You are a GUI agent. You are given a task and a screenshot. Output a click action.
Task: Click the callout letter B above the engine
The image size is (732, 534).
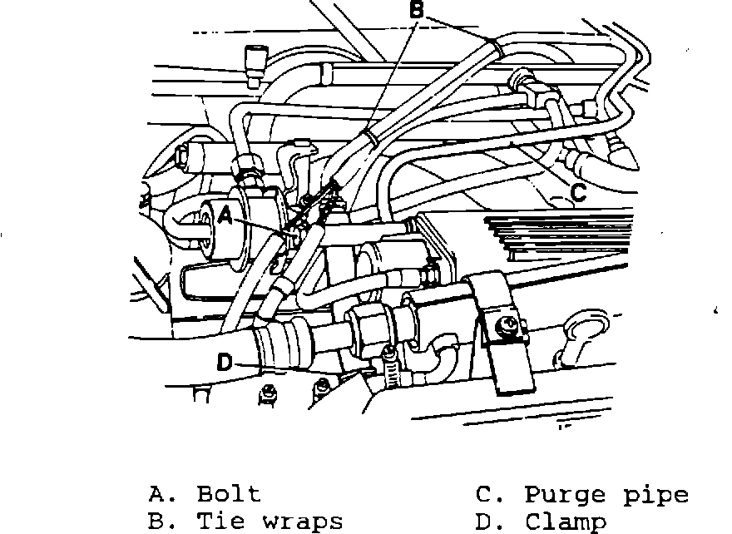click(418, 11)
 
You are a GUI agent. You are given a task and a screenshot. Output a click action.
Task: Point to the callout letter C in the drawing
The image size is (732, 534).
click(579, 192)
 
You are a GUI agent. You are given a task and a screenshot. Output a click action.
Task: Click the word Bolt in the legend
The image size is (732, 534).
click(229, 494)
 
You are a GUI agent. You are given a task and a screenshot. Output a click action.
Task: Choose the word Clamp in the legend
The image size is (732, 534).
click(566, 522)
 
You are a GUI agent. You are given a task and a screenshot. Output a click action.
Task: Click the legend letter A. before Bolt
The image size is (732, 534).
click(158, 494)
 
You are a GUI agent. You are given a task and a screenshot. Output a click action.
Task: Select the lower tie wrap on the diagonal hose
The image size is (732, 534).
click(372, 138)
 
